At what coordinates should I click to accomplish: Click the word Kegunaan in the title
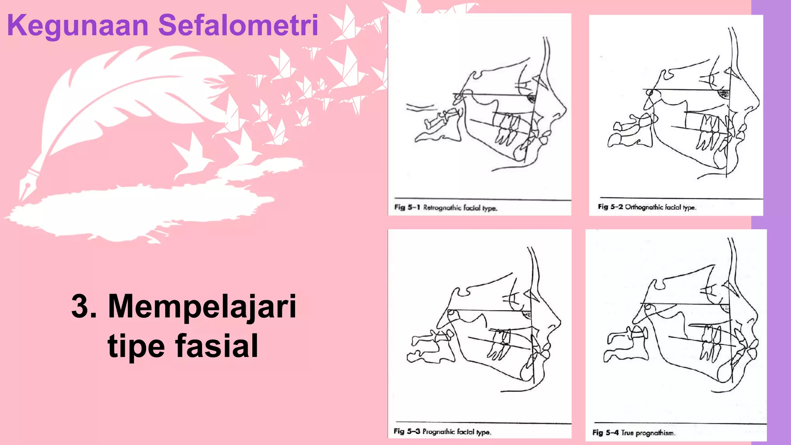tap(78, 25)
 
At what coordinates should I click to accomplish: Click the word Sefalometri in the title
tap(238, 25)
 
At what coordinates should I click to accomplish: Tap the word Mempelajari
tap(202, 306)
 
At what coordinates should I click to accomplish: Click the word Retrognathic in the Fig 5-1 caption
tap(442, 208)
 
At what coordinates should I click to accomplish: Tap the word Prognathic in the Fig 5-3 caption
tap(438, 431)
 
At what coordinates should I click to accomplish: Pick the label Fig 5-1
tap(407, 207)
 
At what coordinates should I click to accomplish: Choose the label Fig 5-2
tap(610, 207)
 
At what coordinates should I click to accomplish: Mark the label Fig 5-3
tap(407, 431)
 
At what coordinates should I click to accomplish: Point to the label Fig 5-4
tap(605, 433)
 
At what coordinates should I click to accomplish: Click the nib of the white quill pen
tap(24, 193)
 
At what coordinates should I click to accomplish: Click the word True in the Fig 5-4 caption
tap(627, 433)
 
